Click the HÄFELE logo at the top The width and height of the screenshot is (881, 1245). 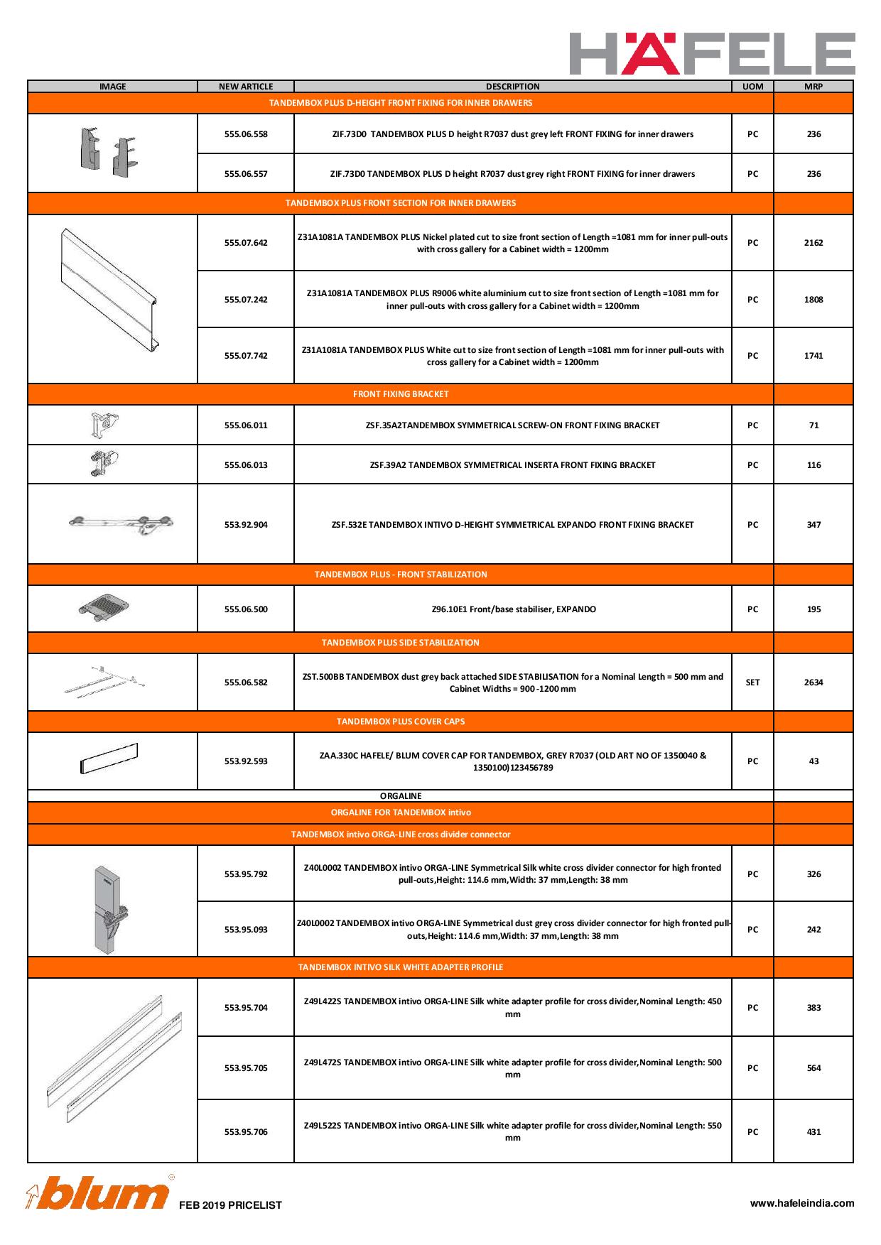click(712, 53)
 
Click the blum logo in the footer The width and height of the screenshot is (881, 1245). click(97, 1195)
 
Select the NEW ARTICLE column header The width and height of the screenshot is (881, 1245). click(246, 87)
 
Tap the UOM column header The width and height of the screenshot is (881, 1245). click(752, 87)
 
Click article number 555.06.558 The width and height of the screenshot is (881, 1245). click(246, 134)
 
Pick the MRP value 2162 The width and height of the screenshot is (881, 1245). click(814, 243)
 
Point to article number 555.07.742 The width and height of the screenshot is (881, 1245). click(246, 356)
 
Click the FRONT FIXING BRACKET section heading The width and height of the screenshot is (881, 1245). click(401, 394)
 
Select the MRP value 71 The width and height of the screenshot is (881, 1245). click(814, 425)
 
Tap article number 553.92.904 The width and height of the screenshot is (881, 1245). click(246, 525)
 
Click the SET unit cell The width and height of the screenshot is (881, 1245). click(752, 683)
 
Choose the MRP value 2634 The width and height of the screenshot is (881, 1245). click(814, 683)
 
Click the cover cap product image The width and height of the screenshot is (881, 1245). click(109, 759)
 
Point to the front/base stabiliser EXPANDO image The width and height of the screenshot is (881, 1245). click(105, 607)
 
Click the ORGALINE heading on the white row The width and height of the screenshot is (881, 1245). click(401, 796)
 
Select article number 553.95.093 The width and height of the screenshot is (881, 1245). click(246, 930)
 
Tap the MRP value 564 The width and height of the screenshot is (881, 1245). click(814, 1068)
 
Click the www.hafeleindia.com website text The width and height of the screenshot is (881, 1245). click(802, 1203)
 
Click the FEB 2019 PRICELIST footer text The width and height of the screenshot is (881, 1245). click(230, 1205)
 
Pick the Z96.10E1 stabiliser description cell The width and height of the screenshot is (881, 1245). click(513, 609)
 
